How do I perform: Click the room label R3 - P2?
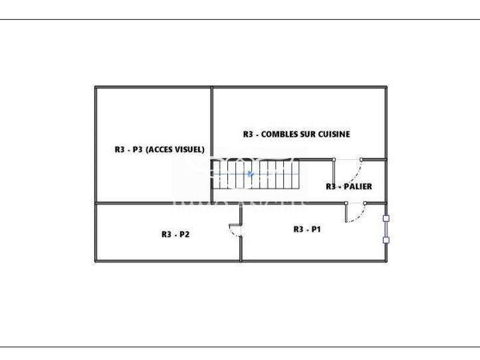[176, 234]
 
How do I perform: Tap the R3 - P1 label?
[307, 229]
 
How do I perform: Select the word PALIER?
[357, 187]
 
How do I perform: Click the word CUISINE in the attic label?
[332, 134]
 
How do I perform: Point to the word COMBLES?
[279, 134]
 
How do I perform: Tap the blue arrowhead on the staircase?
[250, 174]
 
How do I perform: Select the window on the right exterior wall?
[386, 228]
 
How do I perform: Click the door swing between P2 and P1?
[235, 230]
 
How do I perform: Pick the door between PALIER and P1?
[356, 211]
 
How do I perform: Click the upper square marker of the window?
[386, 217]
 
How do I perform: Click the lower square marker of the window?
[386, 240]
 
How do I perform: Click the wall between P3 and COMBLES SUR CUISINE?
[211, 123]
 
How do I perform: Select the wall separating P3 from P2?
[153, 203]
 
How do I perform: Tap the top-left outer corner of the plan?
[95, 86]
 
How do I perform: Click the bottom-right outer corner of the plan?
[386, 261]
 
